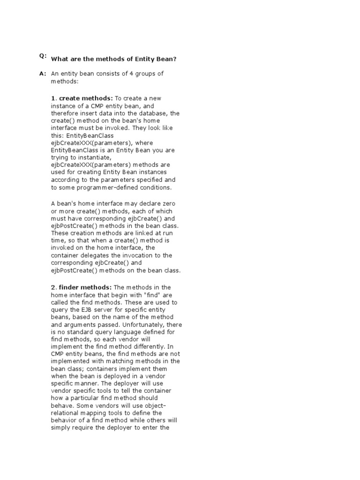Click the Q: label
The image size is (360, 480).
click(43, 56)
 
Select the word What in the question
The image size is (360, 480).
click(60, 59)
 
